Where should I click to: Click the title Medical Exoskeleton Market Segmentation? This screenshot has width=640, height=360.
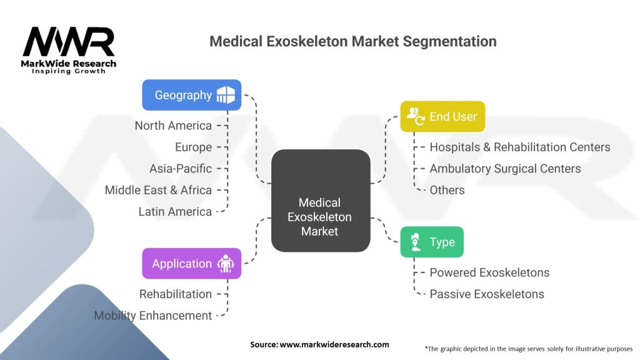pos(353,41)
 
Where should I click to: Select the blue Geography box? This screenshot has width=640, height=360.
pos(191,95)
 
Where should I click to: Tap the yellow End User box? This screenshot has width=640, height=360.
pos(442,116)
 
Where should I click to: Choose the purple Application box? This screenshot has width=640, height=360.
pos(191,264)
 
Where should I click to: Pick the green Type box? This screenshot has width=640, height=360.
pos(432,242)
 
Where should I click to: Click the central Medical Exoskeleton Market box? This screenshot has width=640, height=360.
pos(319,201)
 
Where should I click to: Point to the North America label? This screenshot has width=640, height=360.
pos(173,126)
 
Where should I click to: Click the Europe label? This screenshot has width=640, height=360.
pos(193,147)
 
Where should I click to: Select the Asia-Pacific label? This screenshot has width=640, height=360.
pos(181,169)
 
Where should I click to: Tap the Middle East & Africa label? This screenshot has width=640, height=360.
pos(158,190)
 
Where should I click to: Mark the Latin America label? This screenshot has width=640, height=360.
pos(175,212)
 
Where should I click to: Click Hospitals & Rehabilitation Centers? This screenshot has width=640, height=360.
pos(520,147)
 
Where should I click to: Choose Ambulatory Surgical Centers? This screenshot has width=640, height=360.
pos(505,169)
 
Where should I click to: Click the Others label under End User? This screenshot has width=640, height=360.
pos(447,190)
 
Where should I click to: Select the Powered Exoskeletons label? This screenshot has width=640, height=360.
pos(489,272)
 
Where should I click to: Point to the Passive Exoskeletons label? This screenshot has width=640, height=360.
pos(487,294)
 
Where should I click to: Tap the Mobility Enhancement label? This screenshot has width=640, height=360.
pos(153,316)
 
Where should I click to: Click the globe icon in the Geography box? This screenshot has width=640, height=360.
pos(226,95)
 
